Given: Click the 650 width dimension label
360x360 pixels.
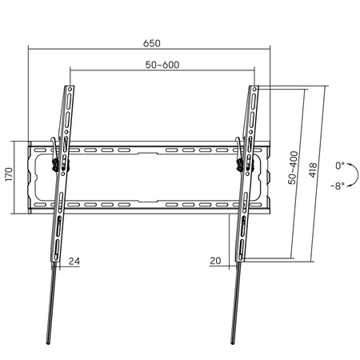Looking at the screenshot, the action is (x=152, y=43).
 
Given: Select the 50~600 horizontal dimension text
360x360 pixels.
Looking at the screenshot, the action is (x=162, y=65).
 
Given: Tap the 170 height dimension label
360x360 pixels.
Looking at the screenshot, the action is (x=9, y=174).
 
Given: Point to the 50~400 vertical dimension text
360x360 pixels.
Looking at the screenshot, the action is (x=293, y=167).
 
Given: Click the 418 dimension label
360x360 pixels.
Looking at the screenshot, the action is (x=313, y=170).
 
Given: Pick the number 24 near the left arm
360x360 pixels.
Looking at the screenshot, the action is (x=74, y=261).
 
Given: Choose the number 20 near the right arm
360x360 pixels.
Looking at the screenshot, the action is (x=215, y=261).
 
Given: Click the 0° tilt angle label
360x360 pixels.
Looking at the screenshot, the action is (x=340, y=166).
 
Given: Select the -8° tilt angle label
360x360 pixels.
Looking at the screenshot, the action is (x=338, y=186).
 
